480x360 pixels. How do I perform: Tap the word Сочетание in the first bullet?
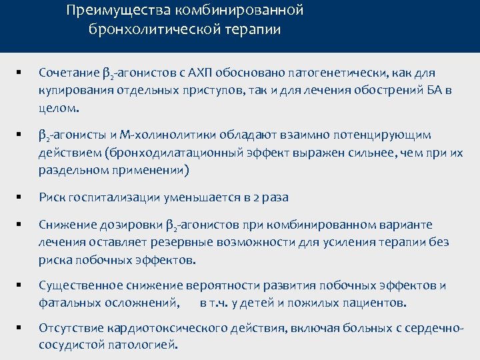pyautogui.click(x=68, y=71)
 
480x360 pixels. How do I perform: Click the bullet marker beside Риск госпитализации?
pyautogui.click(x=21, y=197)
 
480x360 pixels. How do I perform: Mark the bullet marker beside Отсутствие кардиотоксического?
pyautogui.click(x=21, y=328)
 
